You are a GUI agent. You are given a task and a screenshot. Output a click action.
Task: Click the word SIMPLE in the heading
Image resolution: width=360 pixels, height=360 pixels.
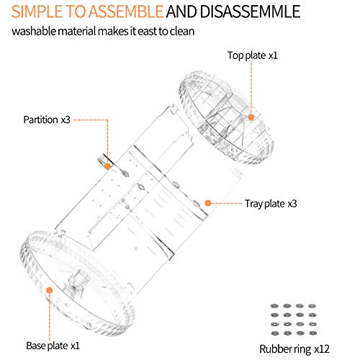(37, 12)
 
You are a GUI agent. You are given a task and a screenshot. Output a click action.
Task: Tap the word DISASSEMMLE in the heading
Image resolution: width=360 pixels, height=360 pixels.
(250, 12)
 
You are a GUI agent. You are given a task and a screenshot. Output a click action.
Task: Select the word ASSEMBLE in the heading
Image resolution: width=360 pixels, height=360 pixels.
(126, 12)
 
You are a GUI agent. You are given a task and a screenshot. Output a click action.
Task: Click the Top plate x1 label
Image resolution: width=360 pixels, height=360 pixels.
(253, 55)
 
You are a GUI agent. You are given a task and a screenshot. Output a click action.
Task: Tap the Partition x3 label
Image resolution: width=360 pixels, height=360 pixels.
(47, 120)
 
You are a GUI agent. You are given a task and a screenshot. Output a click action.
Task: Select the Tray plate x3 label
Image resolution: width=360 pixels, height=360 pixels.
(271, 204)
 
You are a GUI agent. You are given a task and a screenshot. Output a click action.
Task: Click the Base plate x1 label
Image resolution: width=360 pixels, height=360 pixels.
(53, 346)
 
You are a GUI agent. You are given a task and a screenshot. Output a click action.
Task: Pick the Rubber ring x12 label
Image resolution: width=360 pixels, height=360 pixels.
(294, 349)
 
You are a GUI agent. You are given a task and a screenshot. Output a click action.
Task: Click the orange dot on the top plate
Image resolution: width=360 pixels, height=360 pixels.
(251, 117)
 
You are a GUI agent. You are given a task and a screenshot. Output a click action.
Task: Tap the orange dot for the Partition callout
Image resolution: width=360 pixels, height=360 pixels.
(107, 166)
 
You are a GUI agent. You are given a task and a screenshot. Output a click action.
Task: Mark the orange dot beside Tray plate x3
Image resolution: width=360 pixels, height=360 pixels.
(208, 203)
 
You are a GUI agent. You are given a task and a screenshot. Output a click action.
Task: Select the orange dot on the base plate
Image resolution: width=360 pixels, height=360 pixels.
(49, 290)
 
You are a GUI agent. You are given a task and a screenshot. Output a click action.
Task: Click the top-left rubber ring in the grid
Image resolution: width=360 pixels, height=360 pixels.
(274, 306)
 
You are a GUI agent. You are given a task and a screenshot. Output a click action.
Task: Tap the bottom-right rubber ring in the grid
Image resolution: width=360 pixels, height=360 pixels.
(312, 333)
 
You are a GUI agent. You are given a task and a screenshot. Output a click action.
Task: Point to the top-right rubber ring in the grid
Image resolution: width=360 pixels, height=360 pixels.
(312, 306)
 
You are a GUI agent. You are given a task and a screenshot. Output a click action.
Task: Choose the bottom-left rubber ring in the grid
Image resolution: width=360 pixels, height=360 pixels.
(274, 333)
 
